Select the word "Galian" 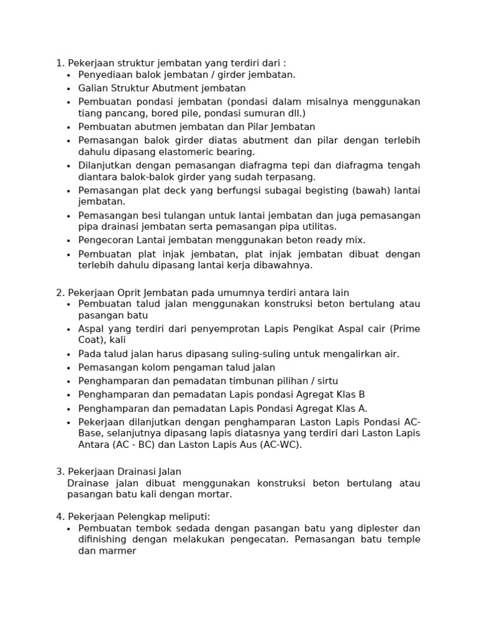[x=93, y=88]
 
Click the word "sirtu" [x=325, y=381]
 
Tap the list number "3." [x=60, y=472]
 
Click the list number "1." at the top [x=60, y=63]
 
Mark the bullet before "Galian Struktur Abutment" [x=69, y=88]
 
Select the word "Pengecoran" [x=104, y=240]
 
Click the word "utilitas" [x=317, y=227]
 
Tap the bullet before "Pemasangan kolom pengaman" [x=69, y=368]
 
